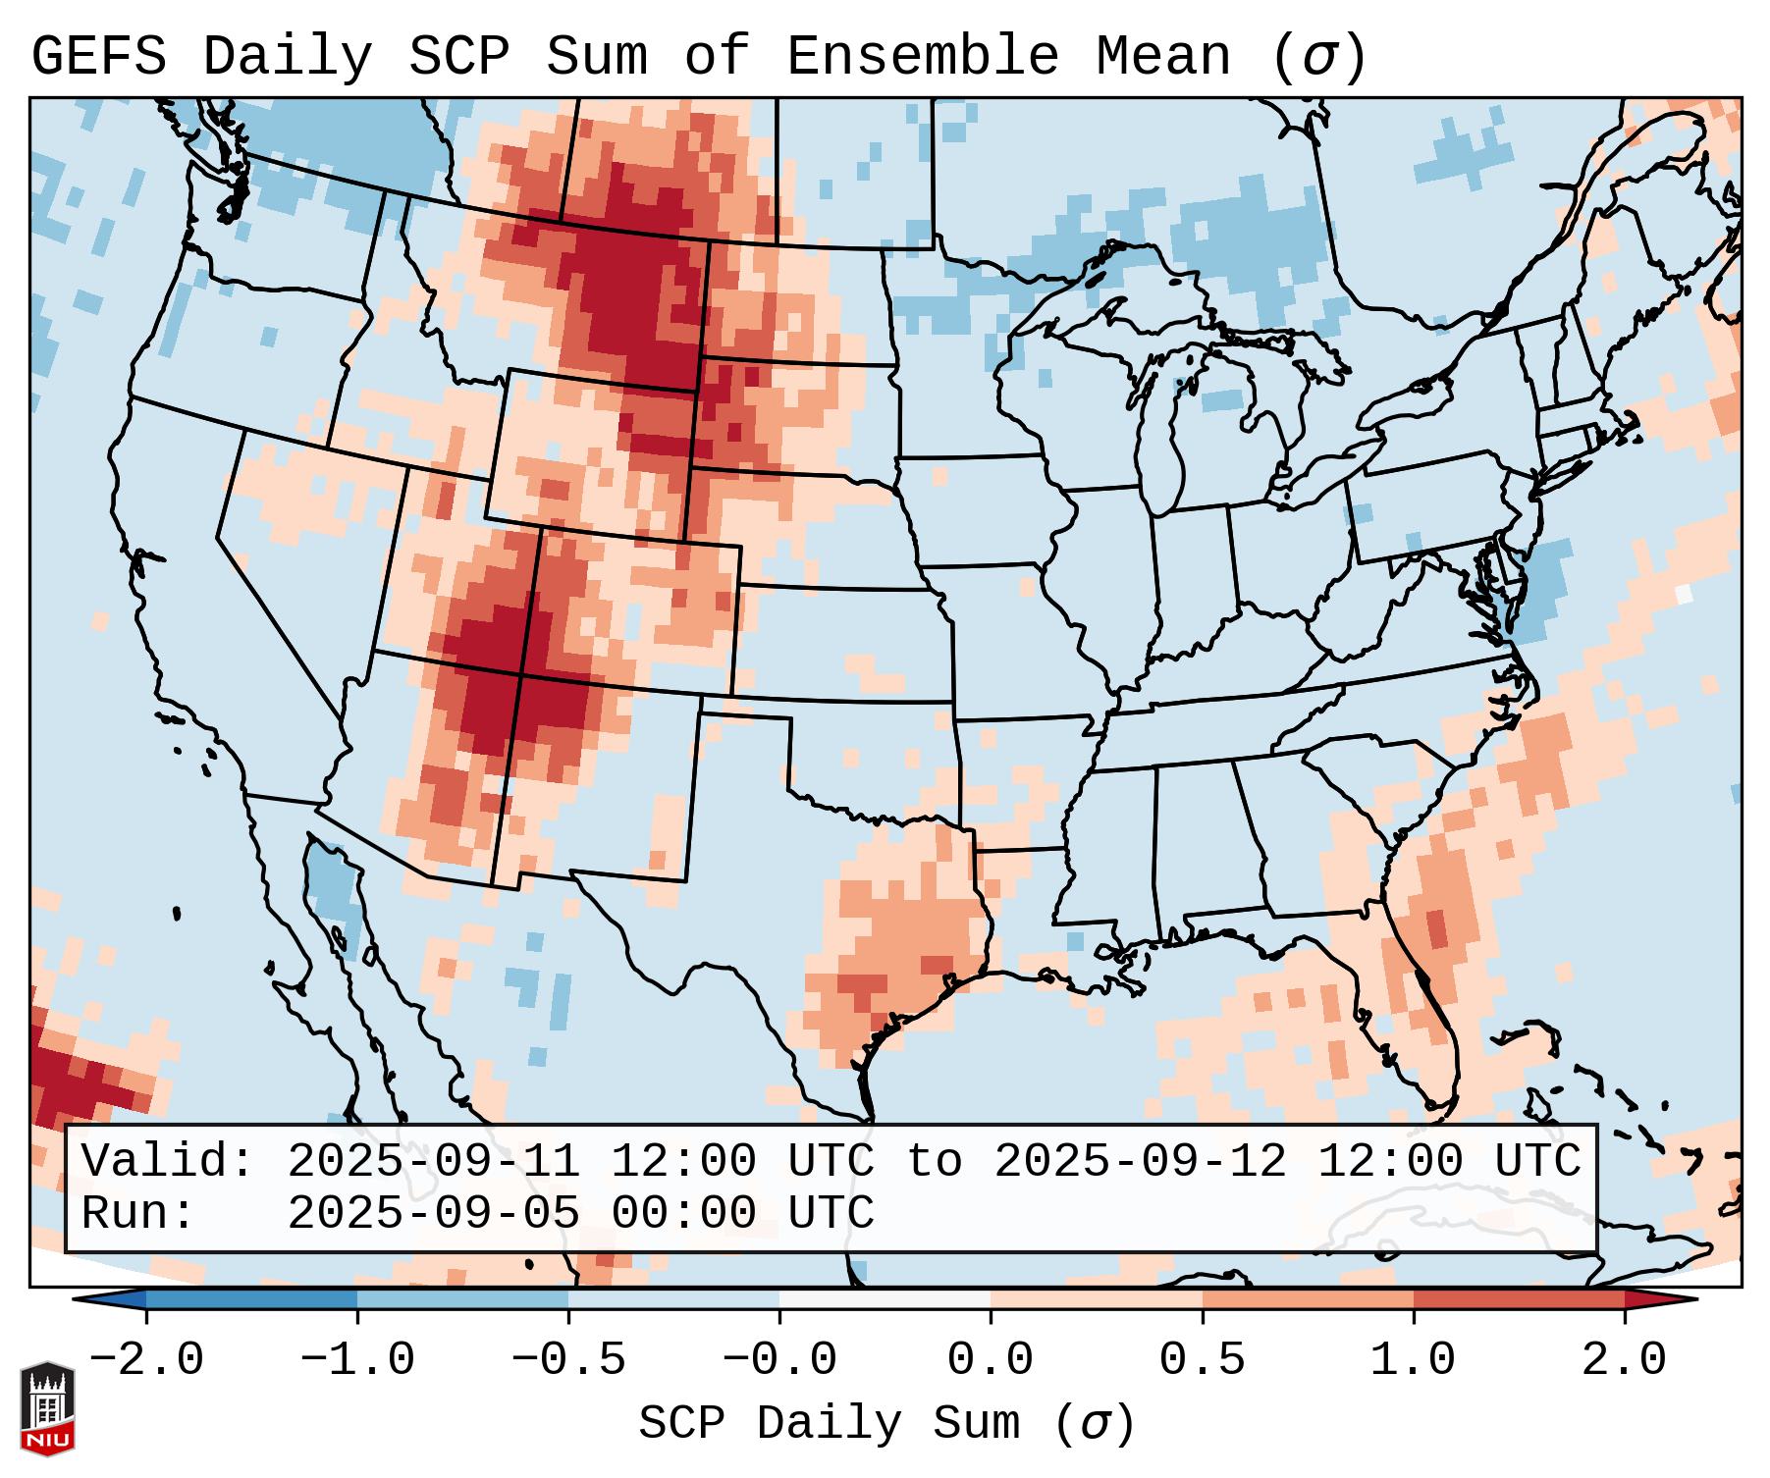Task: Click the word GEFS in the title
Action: coord(98,56)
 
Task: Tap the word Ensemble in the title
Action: coord(922,56)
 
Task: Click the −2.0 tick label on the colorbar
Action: coord(146,1360)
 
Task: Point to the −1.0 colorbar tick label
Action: coord(357,1360)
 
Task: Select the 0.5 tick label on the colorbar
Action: coord(1202,1360)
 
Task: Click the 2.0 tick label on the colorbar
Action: coord(1624,1360)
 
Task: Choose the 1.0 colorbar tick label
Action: coord(1413,1360)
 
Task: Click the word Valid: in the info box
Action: coord(168,1162)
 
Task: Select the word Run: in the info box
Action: coord(138,1214)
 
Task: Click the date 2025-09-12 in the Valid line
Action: coord(1140,1162)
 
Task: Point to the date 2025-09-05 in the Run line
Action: coord(433,1214)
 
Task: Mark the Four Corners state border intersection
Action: coord(520,675)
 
